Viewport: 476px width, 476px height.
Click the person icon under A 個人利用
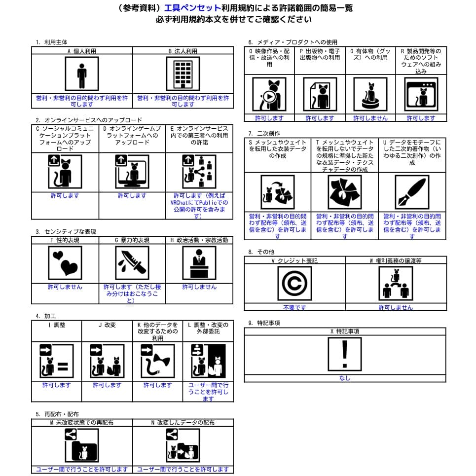pyautogui.click(x=82, y=73)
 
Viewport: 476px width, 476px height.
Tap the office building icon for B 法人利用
pyautogui.click(x=183, y=73)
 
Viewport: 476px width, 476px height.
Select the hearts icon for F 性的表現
pyautogui.click(x=65, y=263)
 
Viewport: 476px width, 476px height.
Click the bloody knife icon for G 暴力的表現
pyautogui.click(x=132, y=263)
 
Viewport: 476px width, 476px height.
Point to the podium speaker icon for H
pyautogui.click(x=199, y=263)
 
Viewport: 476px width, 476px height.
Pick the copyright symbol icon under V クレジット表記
pyautogui.click(x=294, y=284)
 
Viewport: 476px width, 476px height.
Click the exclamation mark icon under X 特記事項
pyautogui.click(x=344, y=354)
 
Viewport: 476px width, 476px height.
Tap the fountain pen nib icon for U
pyautogui.click(x=411, y=192)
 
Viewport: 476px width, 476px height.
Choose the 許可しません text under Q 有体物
pyautogui.click(x=370, y=118)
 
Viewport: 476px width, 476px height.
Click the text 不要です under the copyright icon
pyautogui.click(x=294, y=307)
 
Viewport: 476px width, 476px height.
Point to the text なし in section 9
pyautogui.click(x=344, y=378)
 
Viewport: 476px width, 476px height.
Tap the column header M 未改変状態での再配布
pyautogui.click(x=82, y=423)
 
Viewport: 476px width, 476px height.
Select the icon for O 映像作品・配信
pyautogui.click(x=269, y=94)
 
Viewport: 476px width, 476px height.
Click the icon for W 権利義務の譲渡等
pyautogui.click(x=396, y=284)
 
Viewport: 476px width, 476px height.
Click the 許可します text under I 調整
pyautogui.click(x=56, y=385)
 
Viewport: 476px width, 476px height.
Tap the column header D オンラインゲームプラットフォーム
pyautogui.click(x=132, y=136)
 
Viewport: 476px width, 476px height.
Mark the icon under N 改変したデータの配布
pyautogui.click(x=183, y=445)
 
